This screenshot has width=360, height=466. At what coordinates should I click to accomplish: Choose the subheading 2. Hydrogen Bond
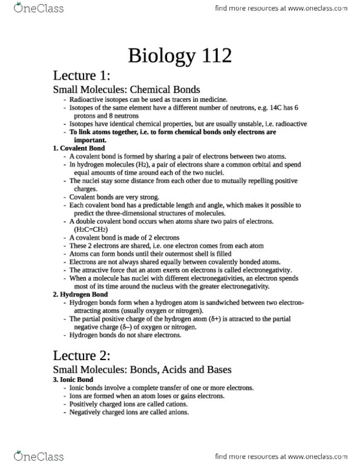pyautogui.click(x=80, y=294)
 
